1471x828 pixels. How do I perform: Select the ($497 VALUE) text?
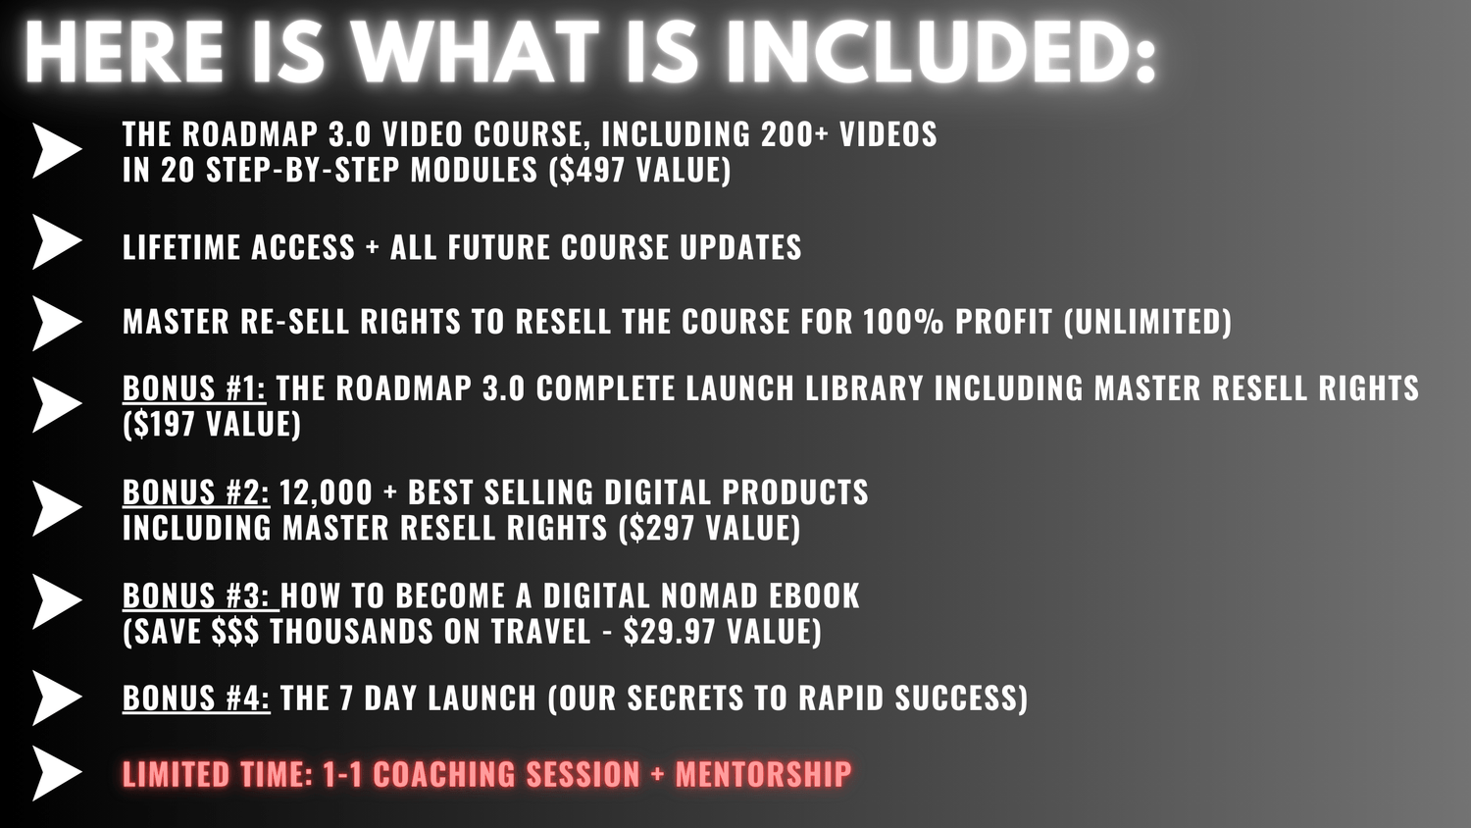click(x=639, y=170)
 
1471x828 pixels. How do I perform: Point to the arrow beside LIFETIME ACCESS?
click(x=57, y=242)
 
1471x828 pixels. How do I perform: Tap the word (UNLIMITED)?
click(x=1147, y=322)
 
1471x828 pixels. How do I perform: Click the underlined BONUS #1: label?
click(x=194, y=388)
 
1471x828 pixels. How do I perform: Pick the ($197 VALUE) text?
click(x=212, y=424)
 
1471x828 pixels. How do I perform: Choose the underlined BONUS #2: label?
click(x=196, y=492)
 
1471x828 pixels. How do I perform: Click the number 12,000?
click(x=326, y=492)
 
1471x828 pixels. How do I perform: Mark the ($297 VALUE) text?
click(x=710, y=529)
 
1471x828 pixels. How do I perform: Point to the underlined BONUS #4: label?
click(x=196, y=698)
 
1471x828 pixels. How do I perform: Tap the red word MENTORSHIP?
click(x=764, y=773)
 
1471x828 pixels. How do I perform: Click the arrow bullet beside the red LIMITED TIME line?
click(x=57, y=773)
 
